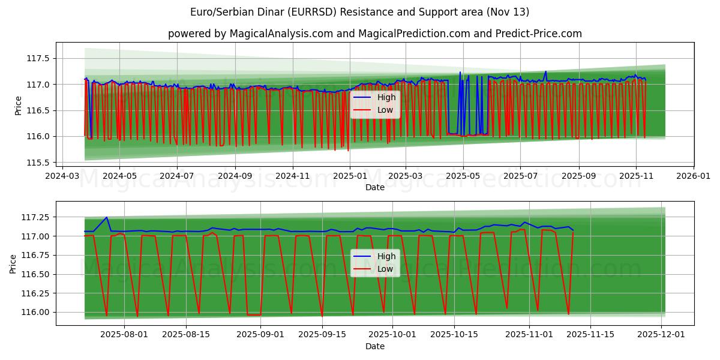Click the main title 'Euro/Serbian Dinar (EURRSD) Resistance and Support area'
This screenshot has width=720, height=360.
coord(359,12)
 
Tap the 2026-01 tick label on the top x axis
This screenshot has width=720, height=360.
coord(693,176)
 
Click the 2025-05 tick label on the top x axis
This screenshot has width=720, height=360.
coord(463,176)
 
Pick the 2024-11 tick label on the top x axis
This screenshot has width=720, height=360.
coord(292,176)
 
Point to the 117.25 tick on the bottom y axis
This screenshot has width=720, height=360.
coord(36,217)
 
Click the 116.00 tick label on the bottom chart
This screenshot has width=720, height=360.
coord(36,312)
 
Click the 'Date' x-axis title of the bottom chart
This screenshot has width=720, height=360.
coord(374,347)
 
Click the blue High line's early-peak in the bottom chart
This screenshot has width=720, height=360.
coord(106,217)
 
